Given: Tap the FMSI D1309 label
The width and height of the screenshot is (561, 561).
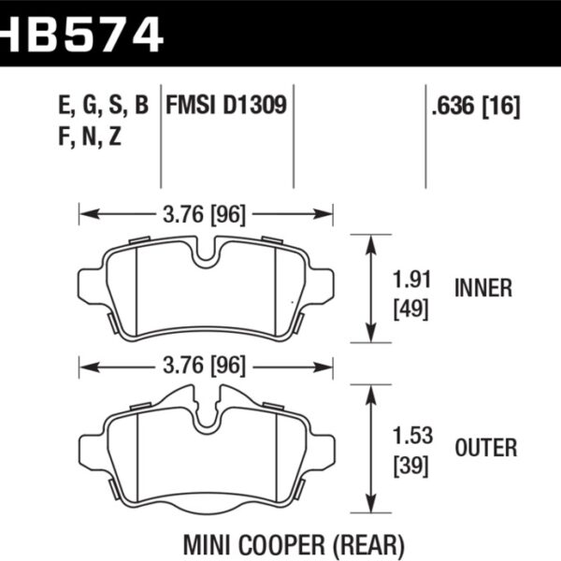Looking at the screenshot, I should [x=226, y=105].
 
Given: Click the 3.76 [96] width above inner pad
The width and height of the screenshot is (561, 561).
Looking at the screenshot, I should [x=206, y=215].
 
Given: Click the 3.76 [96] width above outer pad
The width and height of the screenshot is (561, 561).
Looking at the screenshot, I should [x=206, y=364].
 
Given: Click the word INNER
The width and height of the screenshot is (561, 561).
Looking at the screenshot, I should [x=482, y=289].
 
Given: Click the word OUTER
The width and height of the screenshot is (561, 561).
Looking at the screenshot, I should [x=486, y=449].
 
